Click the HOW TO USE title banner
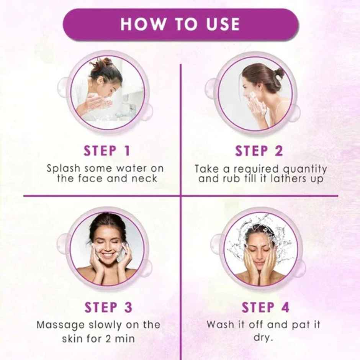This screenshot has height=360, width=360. pyautogui.click(x=180, y=25)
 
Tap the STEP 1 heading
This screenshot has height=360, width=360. pyautogui.click(x=107, y=151)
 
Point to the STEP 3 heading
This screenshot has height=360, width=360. pyautogui.click(x=108, y=307)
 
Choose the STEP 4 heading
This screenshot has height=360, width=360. pyautogui.click(x=265, y=307)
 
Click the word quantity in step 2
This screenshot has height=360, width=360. pyautogui.click(x=305, y=169)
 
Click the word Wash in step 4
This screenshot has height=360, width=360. pyautogui.click(x=219, y=324)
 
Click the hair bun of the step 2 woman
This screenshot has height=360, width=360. pyautogui.click(x=279, y=73)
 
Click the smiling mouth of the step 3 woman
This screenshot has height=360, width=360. pyautogui.click(x=108, y=254)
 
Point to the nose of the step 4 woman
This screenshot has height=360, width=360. pyautogui.click(x=260, y=254)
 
